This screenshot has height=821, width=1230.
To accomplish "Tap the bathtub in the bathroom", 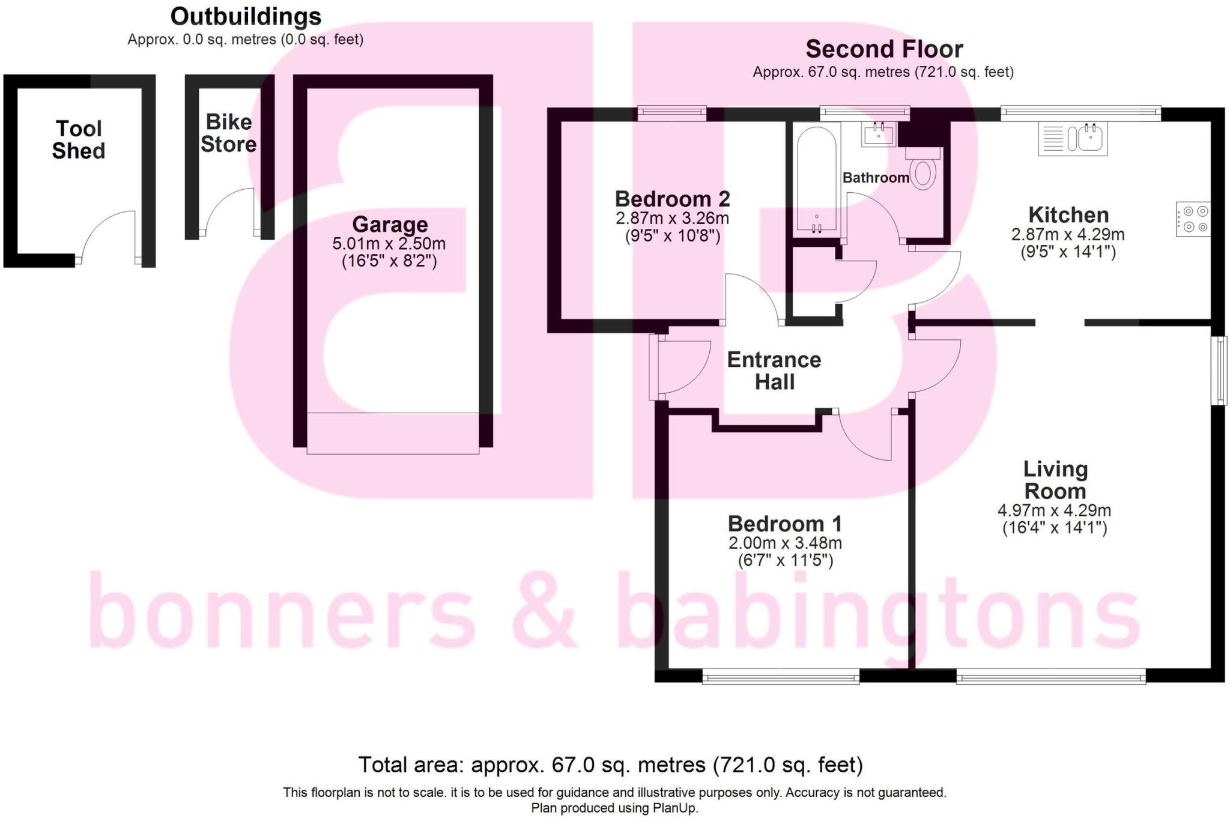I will (x=816, y=180).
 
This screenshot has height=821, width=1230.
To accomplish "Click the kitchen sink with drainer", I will (x=1073, y=139).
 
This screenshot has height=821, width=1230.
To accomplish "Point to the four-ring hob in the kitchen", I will (x=1193, y=219).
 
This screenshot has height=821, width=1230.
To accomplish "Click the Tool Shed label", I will (x=79, y=139).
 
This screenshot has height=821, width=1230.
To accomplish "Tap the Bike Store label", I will (x=228, y=133).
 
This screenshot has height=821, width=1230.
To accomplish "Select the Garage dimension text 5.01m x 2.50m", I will (x=389, y=244).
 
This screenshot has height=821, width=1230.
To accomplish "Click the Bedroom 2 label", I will (x=672, y=198).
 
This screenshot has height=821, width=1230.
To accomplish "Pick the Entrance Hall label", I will (x=774, y=371).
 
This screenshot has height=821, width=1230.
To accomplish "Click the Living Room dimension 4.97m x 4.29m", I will (x=1054, y=510).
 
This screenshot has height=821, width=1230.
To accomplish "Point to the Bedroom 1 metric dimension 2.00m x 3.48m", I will (x=785, y=543).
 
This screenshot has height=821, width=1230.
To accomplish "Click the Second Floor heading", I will (x=883, y=49).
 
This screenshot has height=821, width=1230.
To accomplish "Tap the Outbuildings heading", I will (x=246, y=16).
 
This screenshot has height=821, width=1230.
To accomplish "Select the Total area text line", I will (x=610, y=765).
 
